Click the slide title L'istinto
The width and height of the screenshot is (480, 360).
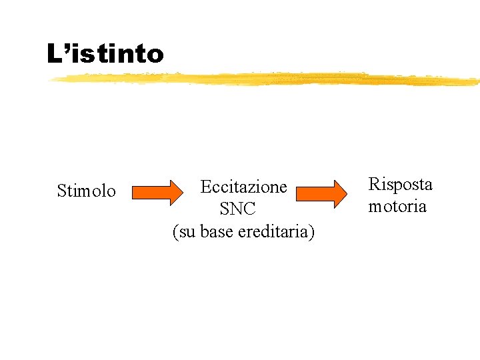[x=105, y=53]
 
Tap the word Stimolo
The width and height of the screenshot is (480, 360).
[x=86, y=191]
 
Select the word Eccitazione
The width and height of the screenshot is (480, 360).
[x=243, y=186]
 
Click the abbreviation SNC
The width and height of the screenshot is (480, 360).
[x=237, y=209]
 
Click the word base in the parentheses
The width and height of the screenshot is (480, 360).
[x=218, y=231]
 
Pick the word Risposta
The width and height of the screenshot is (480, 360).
[x=400, y=184]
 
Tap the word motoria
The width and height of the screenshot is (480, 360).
[x=397, y=206]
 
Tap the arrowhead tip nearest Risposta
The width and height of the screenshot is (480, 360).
[x=347, y=193]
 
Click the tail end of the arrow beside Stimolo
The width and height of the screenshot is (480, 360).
[x=133, y=193]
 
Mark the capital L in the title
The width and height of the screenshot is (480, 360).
[x=53, y=53]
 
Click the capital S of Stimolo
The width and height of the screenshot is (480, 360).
[x=61, y=191]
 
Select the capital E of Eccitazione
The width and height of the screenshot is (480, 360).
[x=205, y=186]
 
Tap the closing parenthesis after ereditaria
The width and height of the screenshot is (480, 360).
[x=313, y=231]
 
